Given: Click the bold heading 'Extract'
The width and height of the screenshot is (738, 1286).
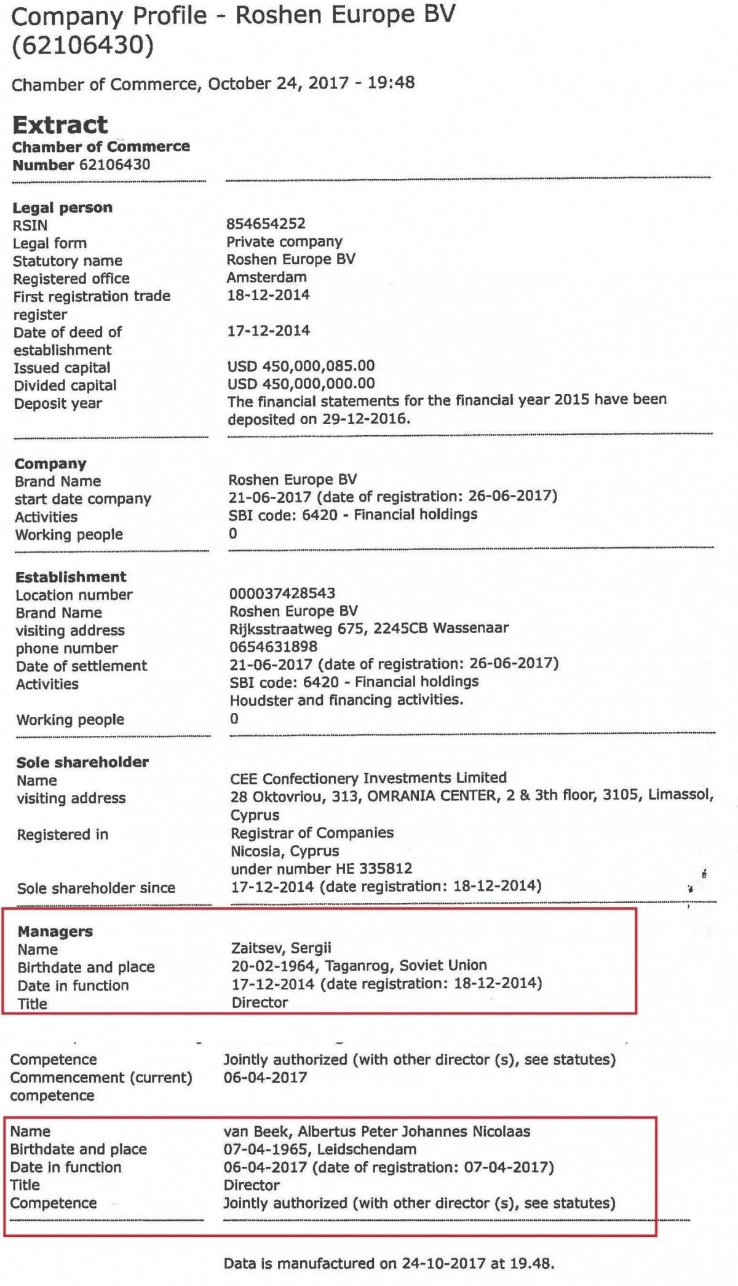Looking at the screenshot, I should [x=60, y=125].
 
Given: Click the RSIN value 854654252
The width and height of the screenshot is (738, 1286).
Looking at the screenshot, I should [x=266, y=224].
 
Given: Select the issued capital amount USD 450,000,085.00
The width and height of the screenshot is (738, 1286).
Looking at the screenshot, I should [x=301, y=366].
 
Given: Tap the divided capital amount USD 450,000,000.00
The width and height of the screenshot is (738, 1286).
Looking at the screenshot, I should [x=301, y=384].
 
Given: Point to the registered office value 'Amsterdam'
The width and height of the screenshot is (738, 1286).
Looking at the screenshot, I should [x=266, y=277].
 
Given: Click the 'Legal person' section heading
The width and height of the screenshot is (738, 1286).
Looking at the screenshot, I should [x=62, y=208].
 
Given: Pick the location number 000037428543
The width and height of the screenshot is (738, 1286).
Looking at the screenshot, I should [x=282, y=593].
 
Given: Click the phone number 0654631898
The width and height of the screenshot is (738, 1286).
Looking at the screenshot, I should [x=274, y=647].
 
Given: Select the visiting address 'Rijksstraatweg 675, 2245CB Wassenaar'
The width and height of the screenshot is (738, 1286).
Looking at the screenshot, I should [x=369, y=628].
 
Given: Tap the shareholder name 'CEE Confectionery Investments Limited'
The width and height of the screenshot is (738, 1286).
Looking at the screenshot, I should [x=368, y=778].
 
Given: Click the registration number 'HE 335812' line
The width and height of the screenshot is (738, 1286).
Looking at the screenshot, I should [x=322, y=869].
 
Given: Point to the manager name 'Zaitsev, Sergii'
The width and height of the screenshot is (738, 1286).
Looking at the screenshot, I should [x=282, y=948].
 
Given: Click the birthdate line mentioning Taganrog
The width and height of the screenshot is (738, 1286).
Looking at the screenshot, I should [x=359, y=966].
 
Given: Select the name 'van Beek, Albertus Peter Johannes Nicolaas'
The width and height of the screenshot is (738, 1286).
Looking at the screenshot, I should [x=377, y=1132].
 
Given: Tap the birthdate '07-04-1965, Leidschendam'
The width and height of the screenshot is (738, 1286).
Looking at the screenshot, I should [x=320, y=1150].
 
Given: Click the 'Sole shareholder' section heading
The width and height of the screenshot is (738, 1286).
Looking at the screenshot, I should [x=82, y=762].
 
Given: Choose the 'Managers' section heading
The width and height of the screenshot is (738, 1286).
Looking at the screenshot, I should [x=55, y=932].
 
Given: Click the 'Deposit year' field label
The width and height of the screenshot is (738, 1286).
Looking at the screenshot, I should [x=58, y=404].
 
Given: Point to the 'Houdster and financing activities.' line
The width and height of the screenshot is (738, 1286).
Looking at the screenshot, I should [x=346, y=700].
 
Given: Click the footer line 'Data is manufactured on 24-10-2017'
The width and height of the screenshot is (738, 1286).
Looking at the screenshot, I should [x=389, y=1264].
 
